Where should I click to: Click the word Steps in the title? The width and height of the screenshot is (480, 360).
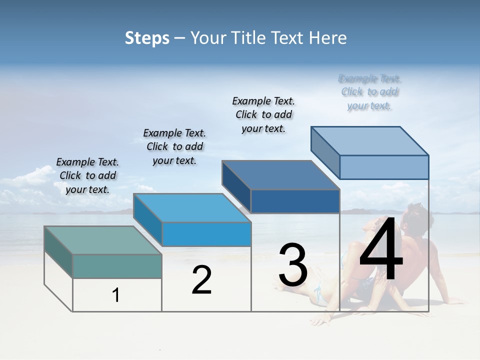coord(147,38)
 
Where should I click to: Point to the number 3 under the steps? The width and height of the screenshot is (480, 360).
coord(293,265)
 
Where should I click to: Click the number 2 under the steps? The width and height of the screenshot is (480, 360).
coord(201,280)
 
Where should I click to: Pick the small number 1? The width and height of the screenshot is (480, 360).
coord(116,295)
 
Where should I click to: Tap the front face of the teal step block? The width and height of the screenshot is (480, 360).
coord(117,266)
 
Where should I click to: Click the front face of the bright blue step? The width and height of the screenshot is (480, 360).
coord(206,234)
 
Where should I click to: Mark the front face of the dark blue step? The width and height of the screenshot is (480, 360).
coord(295,201)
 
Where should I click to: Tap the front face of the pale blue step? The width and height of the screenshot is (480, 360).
coord(384,167)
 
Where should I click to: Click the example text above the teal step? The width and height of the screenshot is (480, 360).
coord(87,175)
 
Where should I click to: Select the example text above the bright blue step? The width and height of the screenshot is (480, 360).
coord(174,146)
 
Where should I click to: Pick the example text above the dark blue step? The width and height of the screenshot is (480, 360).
coord(263,114)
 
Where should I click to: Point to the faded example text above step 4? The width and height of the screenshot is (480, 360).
coord(370,92)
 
